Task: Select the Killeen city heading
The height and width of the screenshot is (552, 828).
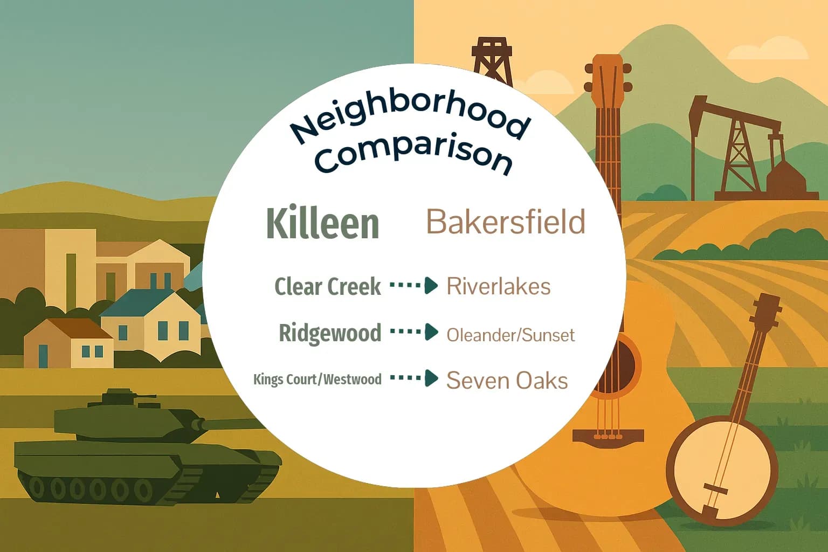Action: click(322, 223)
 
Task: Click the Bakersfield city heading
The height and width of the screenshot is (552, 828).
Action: click(506, 222)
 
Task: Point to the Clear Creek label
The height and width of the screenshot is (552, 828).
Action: click(328, 286)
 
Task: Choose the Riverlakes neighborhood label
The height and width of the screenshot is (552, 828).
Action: click(499, 286)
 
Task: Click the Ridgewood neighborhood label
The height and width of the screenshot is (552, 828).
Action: click(330, 333)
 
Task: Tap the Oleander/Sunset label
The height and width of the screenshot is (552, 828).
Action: click(510, 335)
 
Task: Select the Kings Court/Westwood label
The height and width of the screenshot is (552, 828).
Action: click(318, 379)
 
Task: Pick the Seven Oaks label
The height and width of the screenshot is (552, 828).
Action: click(507, 381)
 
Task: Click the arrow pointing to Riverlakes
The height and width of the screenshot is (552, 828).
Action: click(414, 285)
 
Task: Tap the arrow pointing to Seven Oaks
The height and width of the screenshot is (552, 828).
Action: click(414, 378)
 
